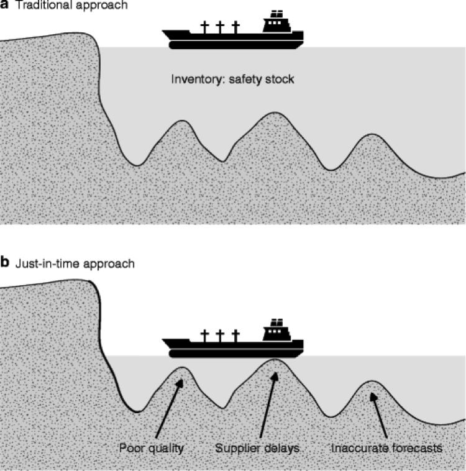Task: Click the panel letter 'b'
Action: (x=4, y=263)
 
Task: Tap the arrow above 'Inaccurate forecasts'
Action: (x=379, y=415)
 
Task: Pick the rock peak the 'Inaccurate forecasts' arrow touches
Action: (x=372, y=382)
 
